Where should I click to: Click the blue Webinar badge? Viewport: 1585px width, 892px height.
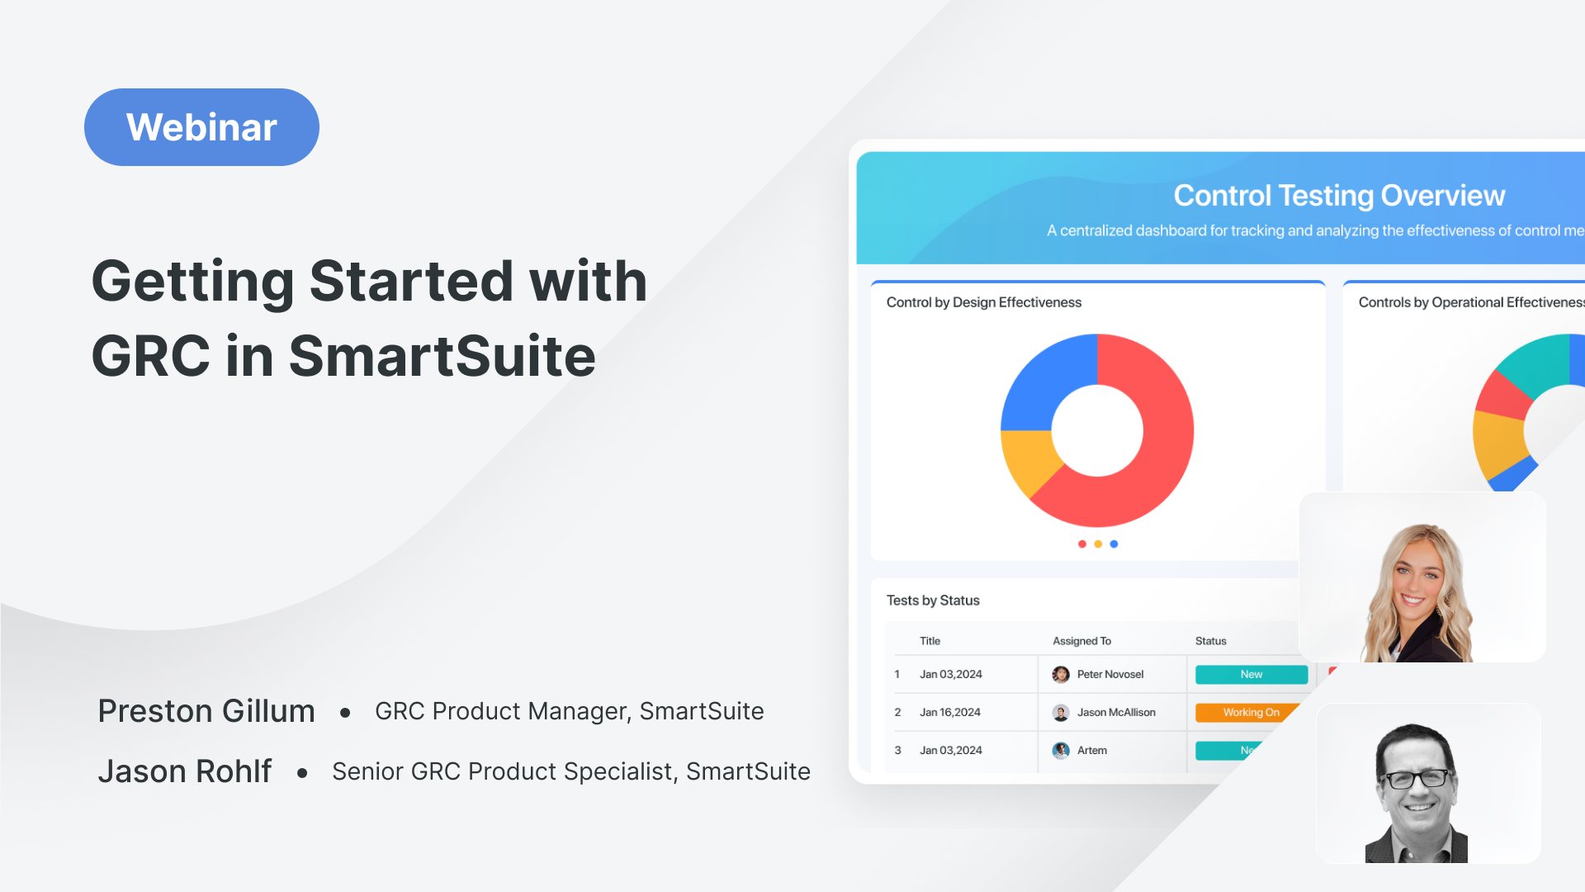coord(201,127)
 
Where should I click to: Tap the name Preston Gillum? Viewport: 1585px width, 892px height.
coord(206,711)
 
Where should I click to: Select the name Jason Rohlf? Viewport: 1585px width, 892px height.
coord(185,771)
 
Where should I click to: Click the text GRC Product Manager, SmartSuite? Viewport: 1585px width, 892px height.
coord(569,711)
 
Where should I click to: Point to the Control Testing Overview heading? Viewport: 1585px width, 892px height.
coord(1339,196)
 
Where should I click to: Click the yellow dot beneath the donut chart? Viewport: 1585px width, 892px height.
coord(1098,544)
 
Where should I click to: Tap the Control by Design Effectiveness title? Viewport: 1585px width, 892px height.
coord(983,302)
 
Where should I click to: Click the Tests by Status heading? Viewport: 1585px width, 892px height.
coord(933,600)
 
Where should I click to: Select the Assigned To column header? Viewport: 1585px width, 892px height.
coord(1081,641)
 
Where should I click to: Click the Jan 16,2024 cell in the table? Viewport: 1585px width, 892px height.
coord(950,712)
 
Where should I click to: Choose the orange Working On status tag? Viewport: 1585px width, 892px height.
coord(1247,712)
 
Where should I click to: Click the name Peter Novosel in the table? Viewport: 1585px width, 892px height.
coord(1109,675)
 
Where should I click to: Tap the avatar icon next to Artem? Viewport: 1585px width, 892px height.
coord(1061,750)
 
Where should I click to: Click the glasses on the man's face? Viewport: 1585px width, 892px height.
coord(1417,778)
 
